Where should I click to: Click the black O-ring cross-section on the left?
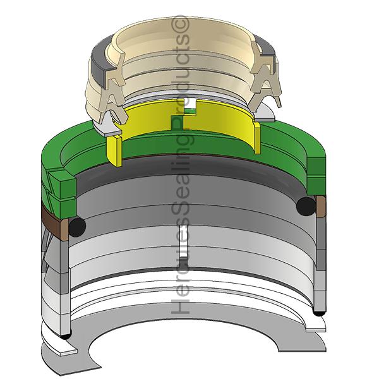pyautogui.click(x=77, y=227)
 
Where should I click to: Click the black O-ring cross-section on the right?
pyautogui.click(x=306, y=206)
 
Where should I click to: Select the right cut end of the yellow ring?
pyautogui.click(x=257, y=138)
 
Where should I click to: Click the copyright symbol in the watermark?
pyautogui.click(x=180, y=24)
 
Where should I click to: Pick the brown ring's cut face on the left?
pyautogui.click(x=64, y=230)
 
